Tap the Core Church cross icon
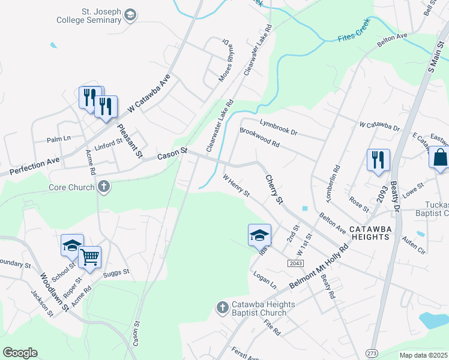pos(104,187)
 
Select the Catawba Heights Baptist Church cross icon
pos(221,308)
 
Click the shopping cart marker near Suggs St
pos(89,257)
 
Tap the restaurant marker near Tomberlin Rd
pos(378,160)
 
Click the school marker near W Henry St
pos(259,235)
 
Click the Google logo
pos(20,352)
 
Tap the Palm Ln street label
pos(58,139)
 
